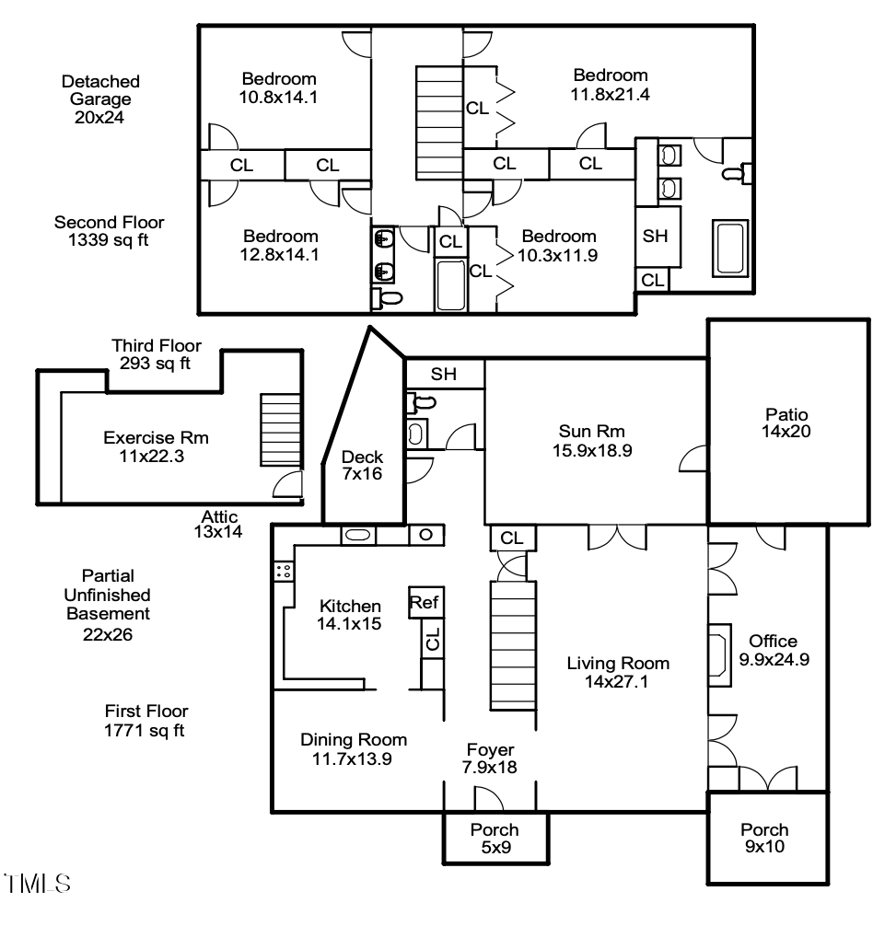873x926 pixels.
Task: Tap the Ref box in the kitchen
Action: [425, 603]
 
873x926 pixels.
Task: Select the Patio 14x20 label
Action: [786, 422]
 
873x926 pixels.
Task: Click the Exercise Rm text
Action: [145, 446]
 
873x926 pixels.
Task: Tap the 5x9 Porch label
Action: [495, 838]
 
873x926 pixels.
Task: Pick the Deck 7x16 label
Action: [362, 465]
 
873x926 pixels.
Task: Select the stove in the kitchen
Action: [284, 571]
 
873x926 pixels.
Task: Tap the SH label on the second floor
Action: [655, 237]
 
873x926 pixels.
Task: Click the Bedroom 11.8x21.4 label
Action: [611, 84]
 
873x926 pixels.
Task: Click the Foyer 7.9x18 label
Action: [488, 758]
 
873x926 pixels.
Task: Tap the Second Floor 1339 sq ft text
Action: [109, 231]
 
